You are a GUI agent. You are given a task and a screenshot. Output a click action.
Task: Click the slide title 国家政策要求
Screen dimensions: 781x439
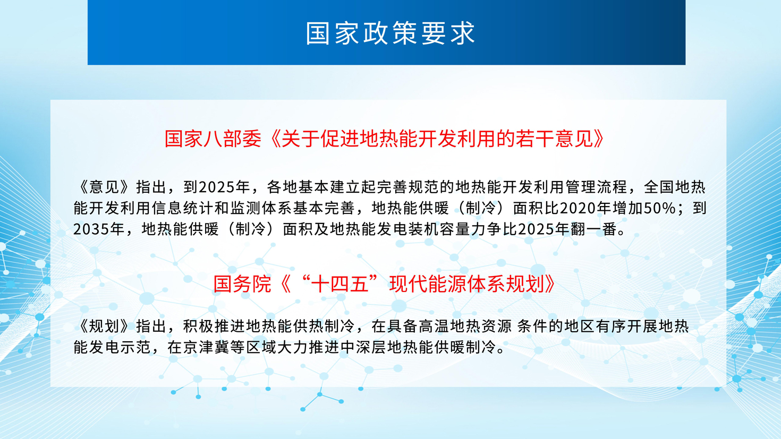pyautogui.click(x=390, y=33)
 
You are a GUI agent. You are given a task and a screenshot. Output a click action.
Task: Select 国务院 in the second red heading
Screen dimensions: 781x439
pyautogui.click(x=242, y=284)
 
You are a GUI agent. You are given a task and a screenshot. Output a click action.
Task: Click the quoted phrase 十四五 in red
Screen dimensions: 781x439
pyautogui.click(x=339, y=284)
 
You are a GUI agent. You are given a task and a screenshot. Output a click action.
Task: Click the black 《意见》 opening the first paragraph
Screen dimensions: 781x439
pyautogui.click(x=104, y=187)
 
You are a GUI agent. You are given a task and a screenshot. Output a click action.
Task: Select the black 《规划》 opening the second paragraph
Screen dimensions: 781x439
pyautogui.click(x=104, y=326)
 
